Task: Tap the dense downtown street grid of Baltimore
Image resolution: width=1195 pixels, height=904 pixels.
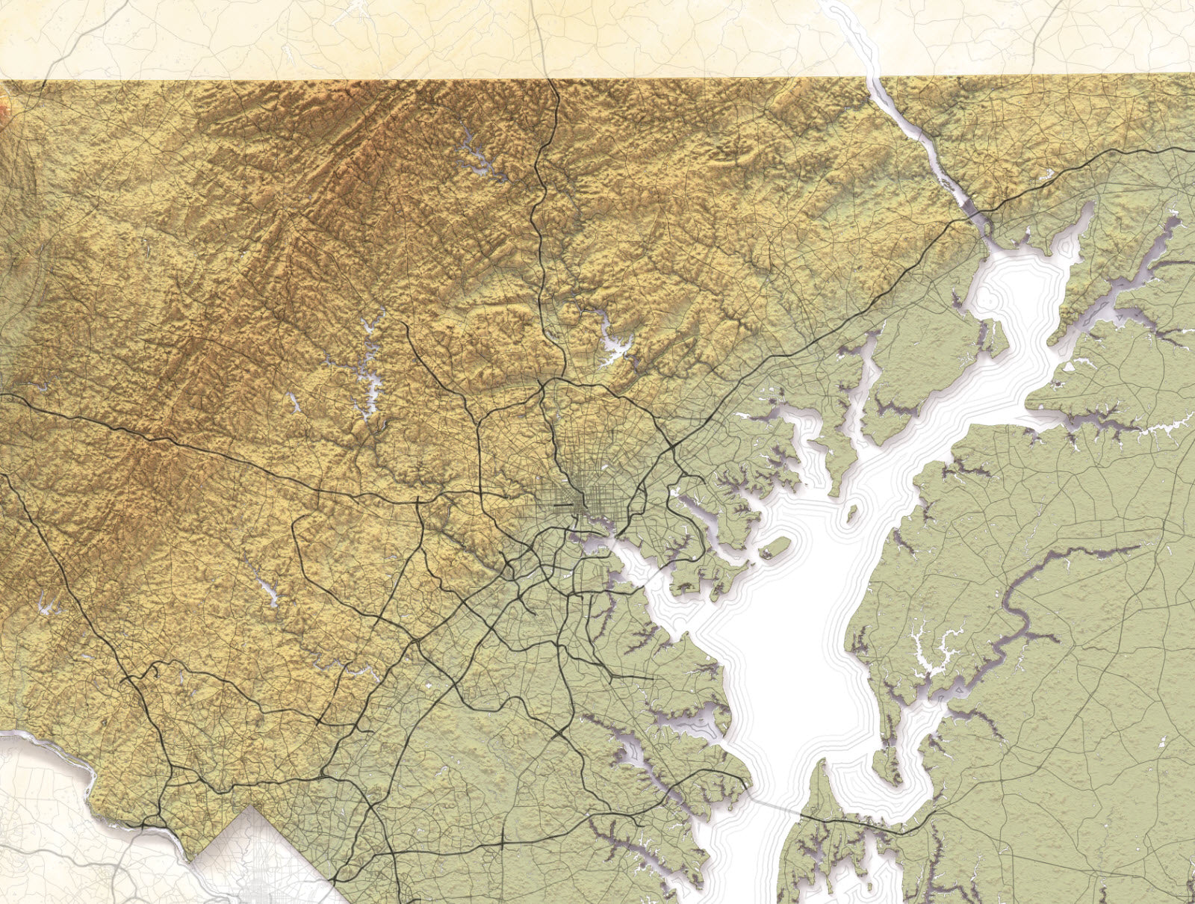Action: (579, 499)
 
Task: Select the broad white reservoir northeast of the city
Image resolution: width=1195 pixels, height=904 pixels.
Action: (617, 347)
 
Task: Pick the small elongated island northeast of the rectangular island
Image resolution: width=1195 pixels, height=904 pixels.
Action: (851, 514)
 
